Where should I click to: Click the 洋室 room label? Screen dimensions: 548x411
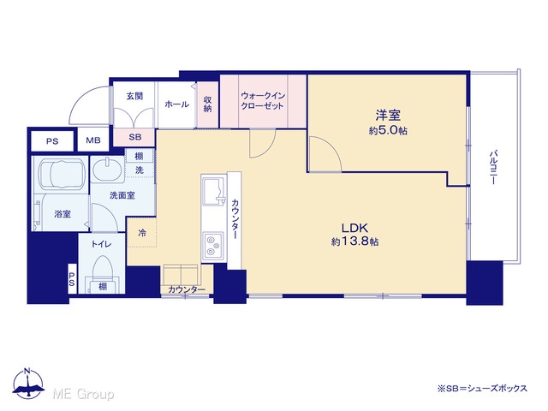(388, 115)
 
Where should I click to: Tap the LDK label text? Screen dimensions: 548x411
(354, 229)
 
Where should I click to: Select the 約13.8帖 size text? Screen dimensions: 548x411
(354, 241)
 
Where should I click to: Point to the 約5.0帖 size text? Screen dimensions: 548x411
(388, 131)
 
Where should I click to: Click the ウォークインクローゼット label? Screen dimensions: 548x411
(263, 101)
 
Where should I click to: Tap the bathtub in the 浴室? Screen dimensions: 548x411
(61, 174)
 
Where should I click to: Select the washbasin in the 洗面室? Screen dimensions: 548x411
(107, 170)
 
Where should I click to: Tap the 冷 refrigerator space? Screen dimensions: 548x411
(142, 232)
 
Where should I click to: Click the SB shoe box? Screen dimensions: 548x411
(134, 137)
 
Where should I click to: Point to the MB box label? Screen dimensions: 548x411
(93, 140)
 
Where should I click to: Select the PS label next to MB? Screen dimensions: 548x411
(52, 141)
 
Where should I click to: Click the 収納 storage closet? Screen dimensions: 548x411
(208, 104)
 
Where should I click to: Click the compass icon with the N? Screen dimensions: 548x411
(28, 384)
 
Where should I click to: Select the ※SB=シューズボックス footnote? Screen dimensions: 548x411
(482, 389)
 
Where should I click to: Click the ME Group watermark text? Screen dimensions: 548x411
(83, 394)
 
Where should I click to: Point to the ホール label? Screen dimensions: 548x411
(177, 104)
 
